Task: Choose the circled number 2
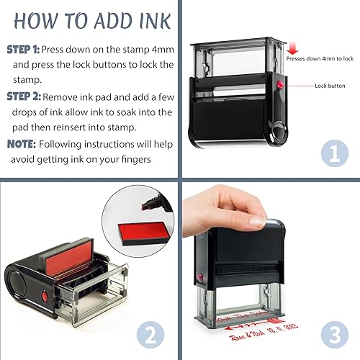150,334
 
